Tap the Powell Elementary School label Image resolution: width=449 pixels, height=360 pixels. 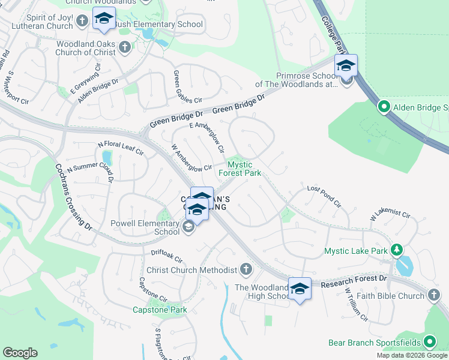coord(145,227)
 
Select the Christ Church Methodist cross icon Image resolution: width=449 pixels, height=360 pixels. coord(246,269)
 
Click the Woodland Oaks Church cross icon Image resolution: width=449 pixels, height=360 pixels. coord(124,47)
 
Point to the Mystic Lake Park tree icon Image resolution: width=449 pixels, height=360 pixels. coord(396,250)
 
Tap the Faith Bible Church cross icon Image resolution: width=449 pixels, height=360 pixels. coord(434,295)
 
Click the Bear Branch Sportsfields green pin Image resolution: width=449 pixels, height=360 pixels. coord(429,343)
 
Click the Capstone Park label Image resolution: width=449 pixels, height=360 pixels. coord(160,310)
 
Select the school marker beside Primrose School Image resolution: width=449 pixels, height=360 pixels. coord(346,66)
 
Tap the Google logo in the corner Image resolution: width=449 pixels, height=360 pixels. coord(20,353)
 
